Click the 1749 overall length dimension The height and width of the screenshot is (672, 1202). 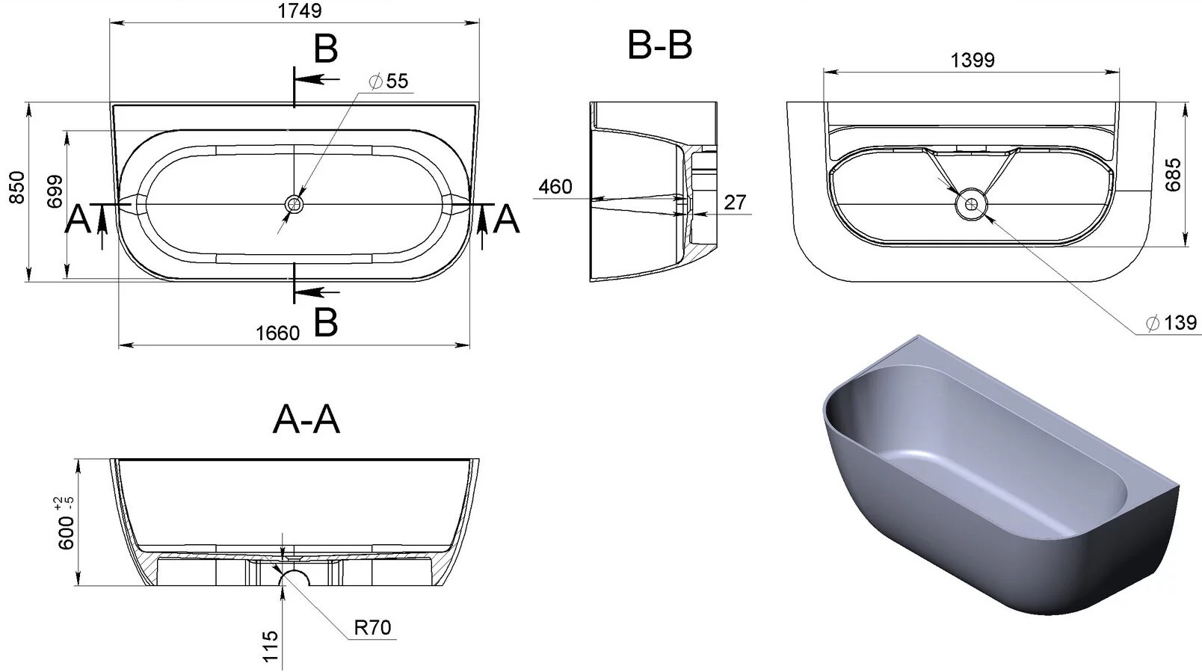point(300,10)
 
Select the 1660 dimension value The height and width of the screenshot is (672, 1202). point(277,333)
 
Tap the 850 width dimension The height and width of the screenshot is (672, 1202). point(17,188)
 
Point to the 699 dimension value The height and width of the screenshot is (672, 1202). point(55,191)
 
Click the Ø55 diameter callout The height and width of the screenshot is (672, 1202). point(389,81)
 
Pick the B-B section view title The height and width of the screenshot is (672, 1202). point(659,45)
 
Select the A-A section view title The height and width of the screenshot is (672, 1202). point(306,419)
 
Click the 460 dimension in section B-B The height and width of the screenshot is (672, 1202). point(555,187)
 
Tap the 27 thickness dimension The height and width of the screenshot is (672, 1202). point(735,203)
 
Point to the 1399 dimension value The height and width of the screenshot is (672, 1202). point(973,60)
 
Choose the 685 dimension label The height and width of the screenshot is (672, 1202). point(1173,174)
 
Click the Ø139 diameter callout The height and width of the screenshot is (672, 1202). point(1171,323)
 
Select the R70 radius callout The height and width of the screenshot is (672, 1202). point(372,627)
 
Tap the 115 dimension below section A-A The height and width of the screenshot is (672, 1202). point(271,647)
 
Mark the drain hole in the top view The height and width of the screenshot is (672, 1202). point(294,203)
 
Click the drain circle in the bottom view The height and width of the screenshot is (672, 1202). point(971,204)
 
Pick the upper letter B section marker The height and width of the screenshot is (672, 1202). point(326,49)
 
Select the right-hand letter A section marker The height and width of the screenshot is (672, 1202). point(506,219)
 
